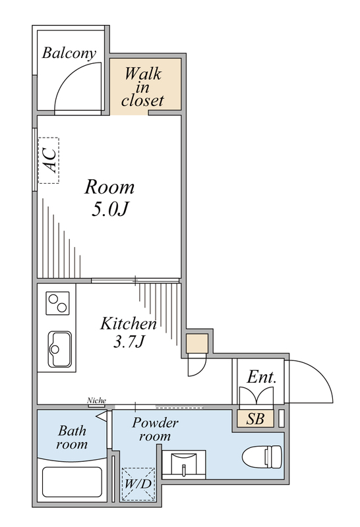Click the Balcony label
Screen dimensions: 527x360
tap(69, 53)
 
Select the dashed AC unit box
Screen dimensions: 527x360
tap(48, 160)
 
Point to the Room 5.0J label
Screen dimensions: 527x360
tap(109, 198)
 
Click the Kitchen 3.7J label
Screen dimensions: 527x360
tap(128, 333)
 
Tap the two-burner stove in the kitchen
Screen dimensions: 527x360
tap(57, 303)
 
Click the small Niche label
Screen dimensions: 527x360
tap(96, 401)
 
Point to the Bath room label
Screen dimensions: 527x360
tap(72, 437)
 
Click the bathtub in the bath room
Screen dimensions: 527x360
tap(72, 484)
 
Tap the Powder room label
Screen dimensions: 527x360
tap(155, 430)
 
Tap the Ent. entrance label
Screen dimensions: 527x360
tap(261, 378)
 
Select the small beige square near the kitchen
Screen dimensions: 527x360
tap(196, 344)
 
